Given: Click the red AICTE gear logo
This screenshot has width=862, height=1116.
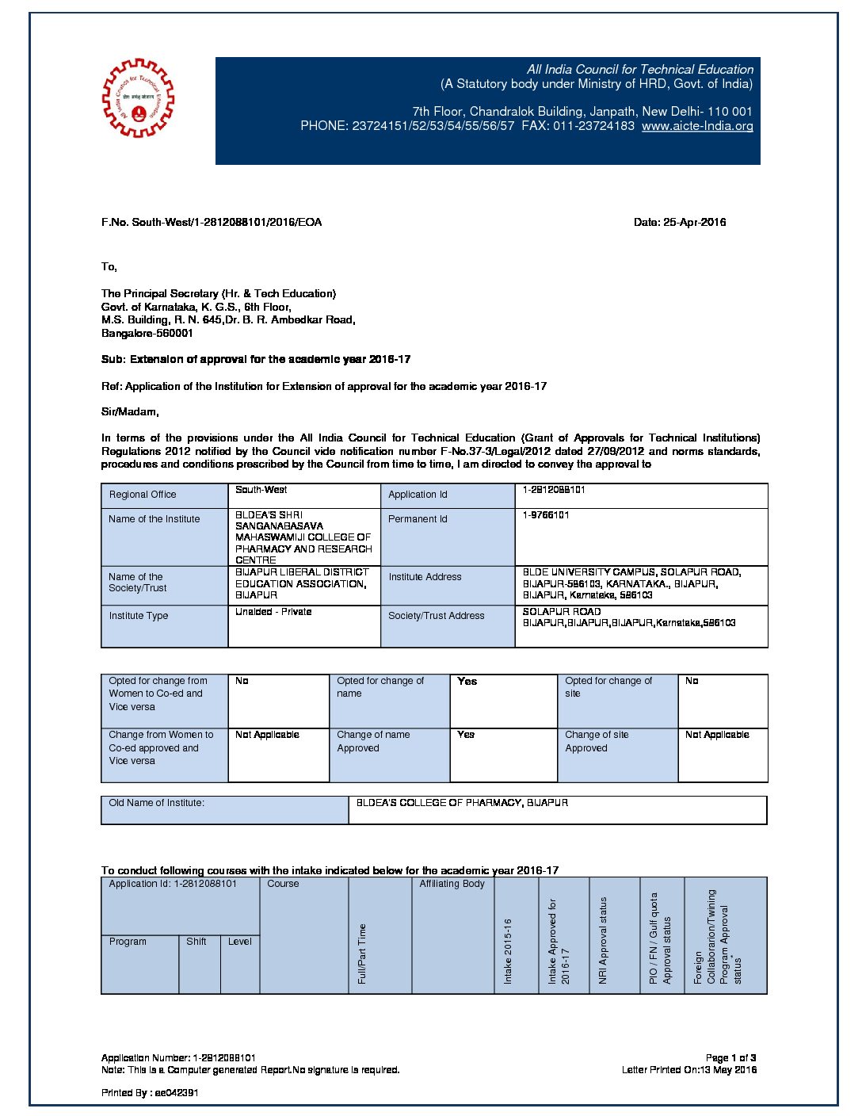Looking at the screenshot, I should (x=139, y=98).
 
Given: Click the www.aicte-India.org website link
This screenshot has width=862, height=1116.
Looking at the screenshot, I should (x=697, y=126).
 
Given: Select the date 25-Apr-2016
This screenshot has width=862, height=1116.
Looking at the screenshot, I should (x=680, y=223).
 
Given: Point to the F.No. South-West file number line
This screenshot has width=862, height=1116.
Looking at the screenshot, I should (x=212, y=223).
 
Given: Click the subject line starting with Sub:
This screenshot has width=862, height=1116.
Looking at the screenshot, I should (x=256, y=360).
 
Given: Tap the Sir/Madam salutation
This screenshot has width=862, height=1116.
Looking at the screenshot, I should (x=130, y=412).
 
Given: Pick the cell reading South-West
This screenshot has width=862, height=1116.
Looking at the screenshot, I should (x=261, y=490).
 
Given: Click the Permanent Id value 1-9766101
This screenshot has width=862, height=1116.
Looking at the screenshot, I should (x=546, y=515).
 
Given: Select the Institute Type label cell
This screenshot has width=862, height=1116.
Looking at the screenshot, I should (x=139, y=616).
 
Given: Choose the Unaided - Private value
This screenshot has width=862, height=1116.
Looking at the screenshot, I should (x=273, y=612).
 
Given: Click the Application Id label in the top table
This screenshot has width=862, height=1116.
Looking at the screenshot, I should (x=418, y=495).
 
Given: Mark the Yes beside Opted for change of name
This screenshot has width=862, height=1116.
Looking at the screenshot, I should (x=467, y=682).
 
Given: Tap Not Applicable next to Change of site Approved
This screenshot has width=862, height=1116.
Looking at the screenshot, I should (x=717, y=735).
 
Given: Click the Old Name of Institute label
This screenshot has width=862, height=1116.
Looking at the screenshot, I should (x=157, y=803).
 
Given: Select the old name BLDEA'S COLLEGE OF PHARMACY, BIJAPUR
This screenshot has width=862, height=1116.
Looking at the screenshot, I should (x=462, y=803).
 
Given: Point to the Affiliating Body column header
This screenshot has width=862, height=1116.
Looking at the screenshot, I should (x=452, y=884).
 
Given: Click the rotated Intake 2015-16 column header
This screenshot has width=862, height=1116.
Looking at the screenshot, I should (x=508, y=951).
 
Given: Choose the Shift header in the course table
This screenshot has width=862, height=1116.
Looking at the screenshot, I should (x=196, y=942).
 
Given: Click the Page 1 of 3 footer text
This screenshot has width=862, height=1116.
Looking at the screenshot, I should (x=730, y=1058).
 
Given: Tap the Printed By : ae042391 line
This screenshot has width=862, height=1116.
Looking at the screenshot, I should (x=150, y=1093).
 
